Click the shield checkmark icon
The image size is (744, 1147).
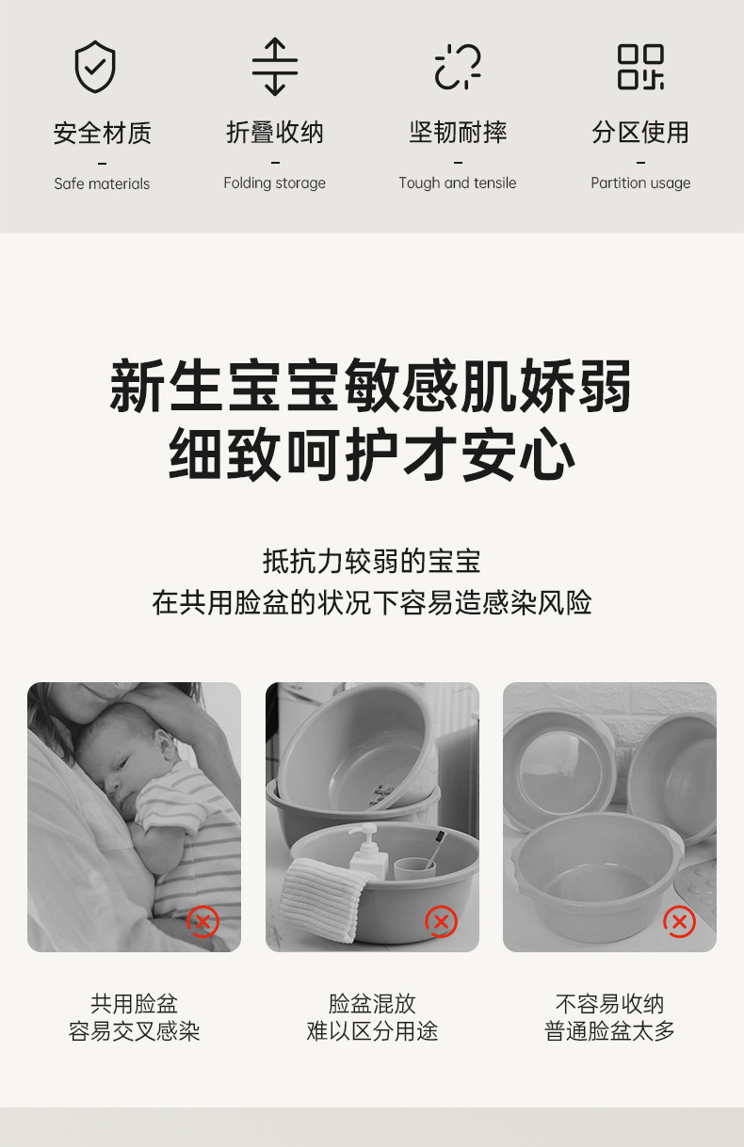click(x=95, y=67)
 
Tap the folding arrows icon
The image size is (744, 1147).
click(x=275, y=67)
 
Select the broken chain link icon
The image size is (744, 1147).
click(x=458, y=67)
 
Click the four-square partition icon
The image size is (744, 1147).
click(x=640, y=67)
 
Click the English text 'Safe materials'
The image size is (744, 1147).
click(x=102, y=183)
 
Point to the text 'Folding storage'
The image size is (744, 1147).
click(x=274, y=183)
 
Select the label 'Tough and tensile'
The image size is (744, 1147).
click(x=457, y=183)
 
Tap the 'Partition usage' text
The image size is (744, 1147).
click(x=640, y=183)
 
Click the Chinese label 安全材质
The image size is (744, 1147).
click(x=102, y=133)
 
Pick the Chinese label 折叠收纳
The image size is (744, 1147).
click(x=274, y=133)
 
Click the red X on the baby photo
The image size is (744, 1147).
click(x=202, y=921)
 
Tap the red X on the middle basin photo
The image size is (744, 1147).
click(x=441, y=921)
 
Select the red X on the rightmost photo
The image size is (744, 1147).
click(x=679, y=921)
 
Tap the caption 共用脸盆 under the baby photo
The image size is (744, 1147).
click(x=134, y=1003)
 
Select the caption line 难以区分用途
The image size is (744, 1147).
click(x=372, y=1031)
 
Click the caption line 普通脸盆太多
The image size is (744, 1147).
click(x=609, y=1031)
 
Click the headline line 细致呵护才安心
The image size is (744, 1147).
click(x=372, y=455)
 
